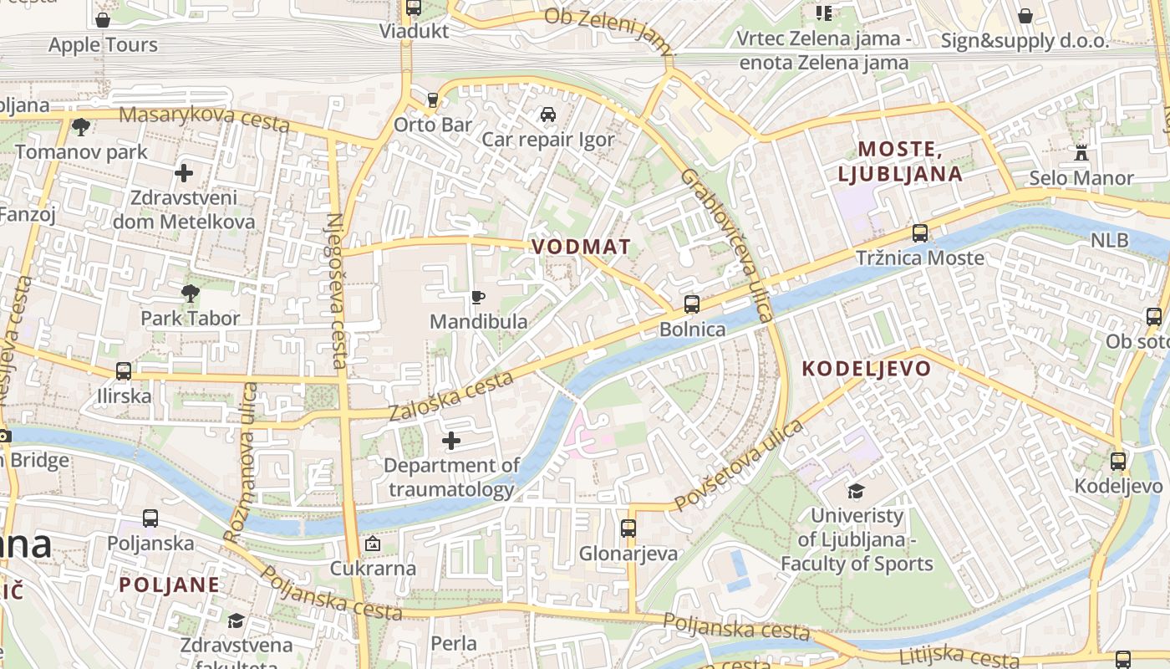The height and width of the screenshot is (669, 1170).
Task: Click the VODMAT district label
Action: coord(581,247)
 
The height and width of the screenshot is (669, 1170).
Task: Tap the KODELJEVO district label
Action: coord(867,369)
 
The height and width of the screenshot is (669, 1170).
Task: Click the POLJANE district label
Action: coord(169,585)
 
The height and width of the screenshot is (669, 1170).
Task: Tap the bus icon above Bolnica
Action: coord(692,304)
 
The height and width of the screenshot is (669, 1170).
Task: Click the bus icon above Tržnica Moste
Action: coord(920,233)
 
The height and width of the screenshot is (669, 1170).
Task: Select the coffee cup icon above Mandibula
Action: coord(478,297)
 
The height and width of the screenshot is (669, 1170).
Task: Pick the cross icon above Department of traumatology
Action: coord(451,440)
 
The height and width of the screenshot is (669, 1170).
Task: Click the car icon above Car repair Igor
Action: coord(547,115)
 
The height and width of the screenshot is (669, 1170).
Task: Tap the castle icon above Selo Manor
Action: coord(1081,153)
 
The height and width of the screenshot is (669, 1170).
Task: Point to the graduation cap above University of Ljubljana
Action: coord(856,491)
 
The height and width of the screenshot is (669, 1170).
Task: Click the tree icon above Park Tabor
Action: coord(191,293)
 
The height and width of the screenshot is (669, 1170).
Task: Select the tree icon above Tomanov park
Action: coord(81,127)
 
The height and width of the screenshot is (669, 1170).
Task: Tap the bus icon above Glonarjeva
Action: coord(628,529)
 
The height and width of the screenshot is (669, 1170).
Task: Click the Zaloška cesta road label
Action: coord(450,396)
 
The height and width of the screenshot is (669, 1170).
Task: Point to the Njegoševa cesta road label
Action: coord(336,290)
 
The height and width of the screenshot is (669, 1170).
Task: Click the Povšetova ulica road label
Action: coord(739,465)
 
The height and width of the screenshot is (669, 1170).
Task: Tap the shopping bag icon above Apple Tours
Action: coord(103,20)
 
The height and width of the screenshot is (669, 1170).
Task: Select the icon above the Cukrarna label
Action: coord(373,544)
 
